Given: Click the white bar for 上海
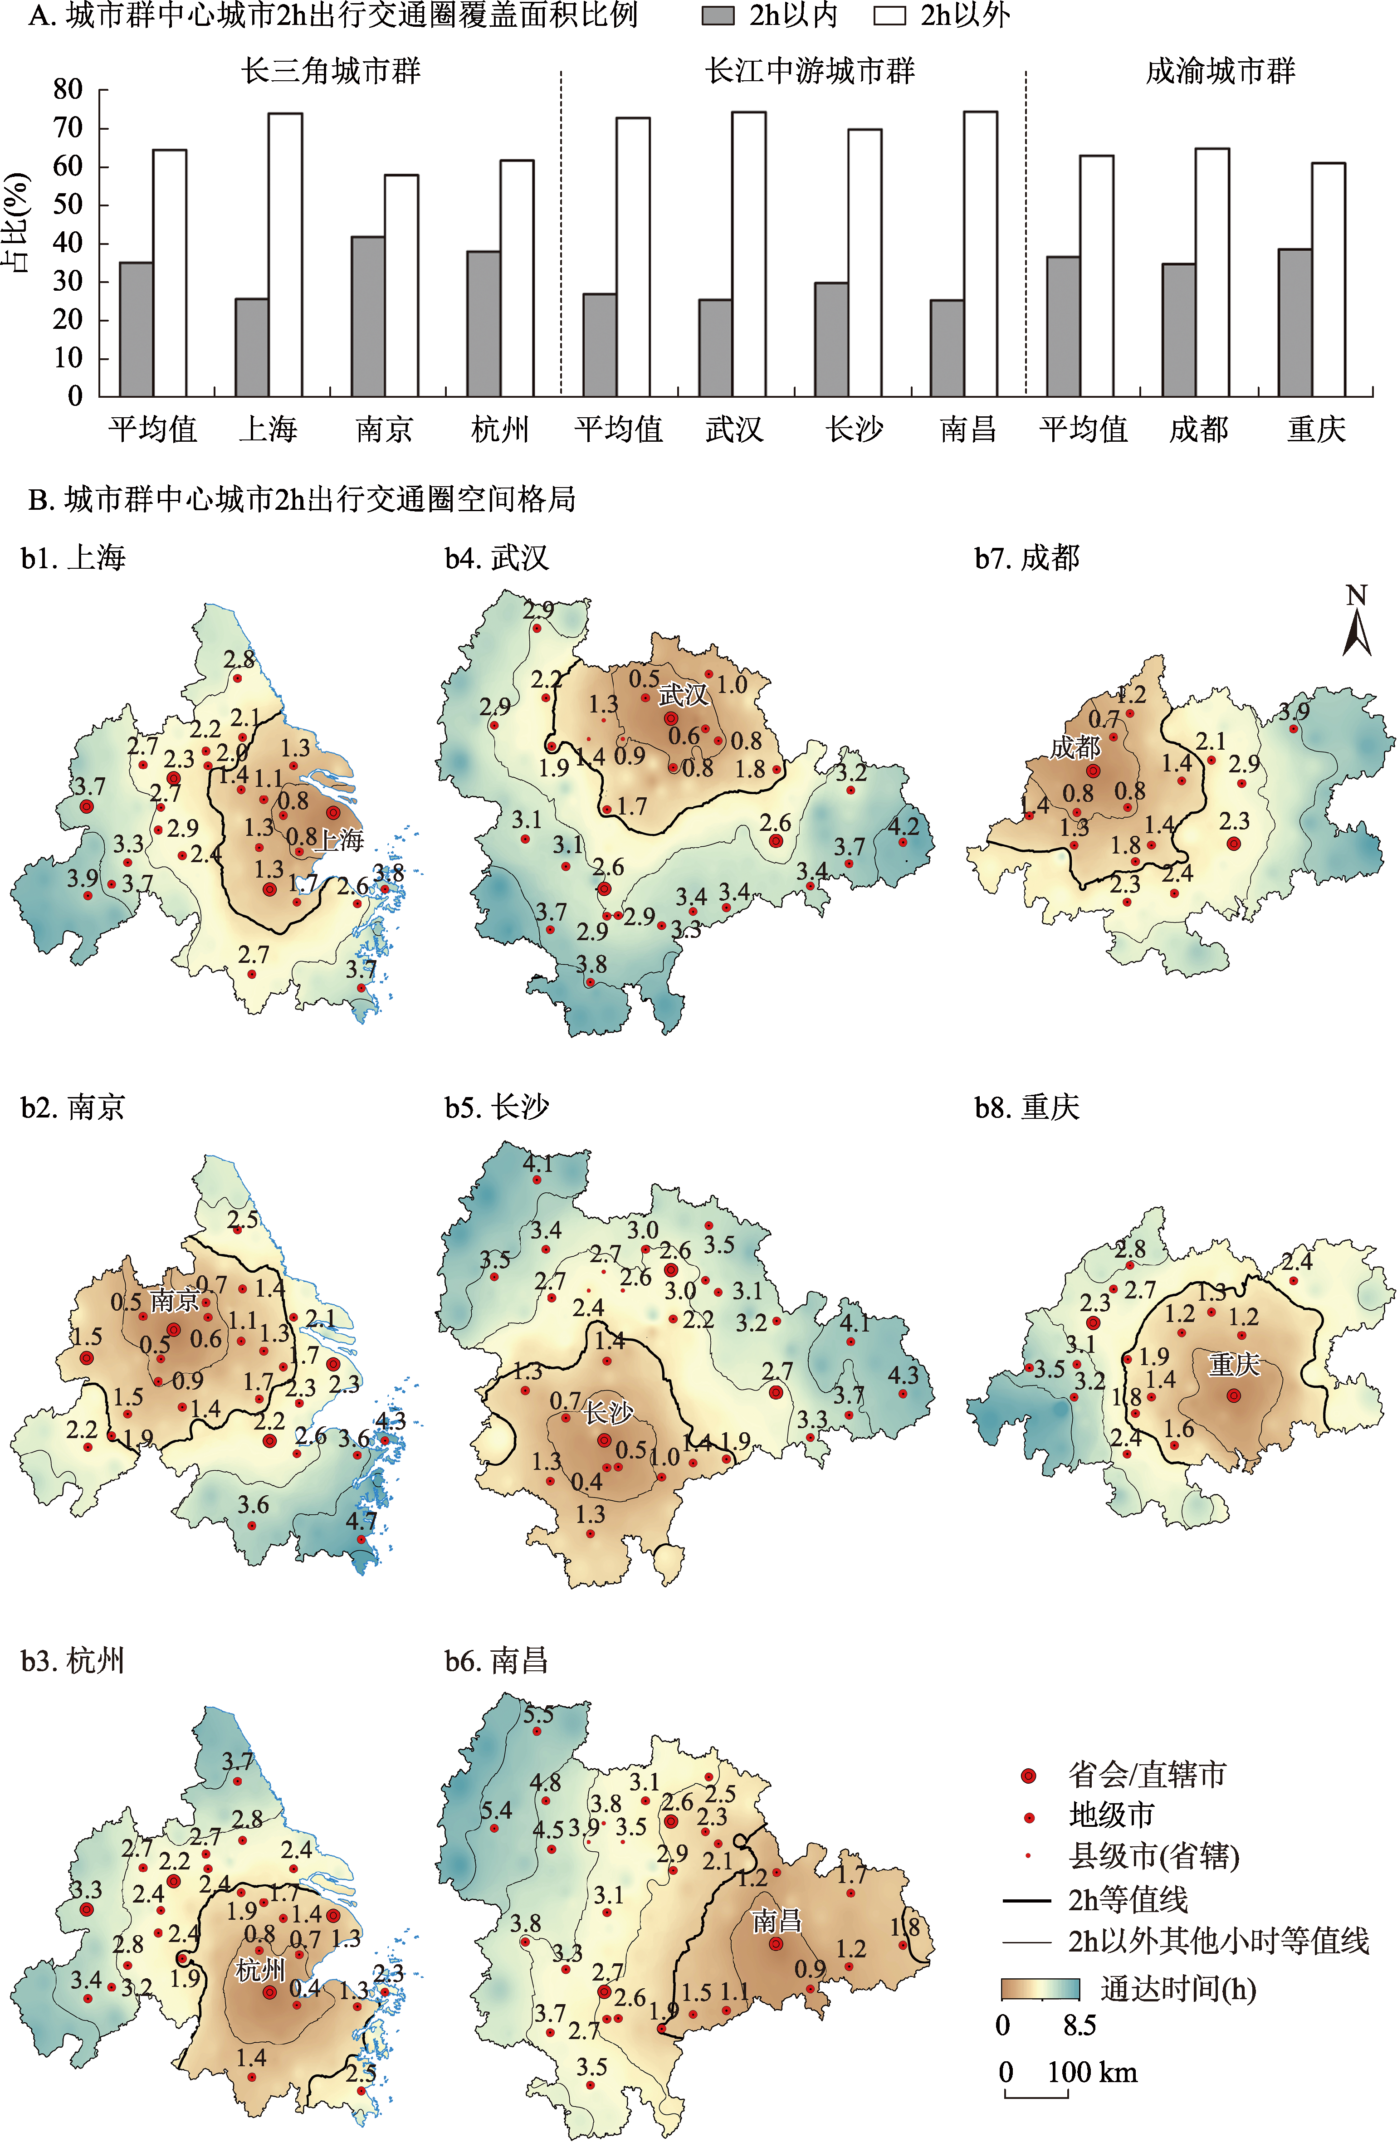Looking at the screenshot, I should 285,255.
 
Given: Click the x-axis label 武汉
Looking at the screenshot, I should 734,429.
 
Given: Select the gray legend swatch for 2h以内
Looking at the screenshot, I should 718,16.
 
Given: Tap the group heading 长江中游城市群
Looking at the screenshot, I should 810,71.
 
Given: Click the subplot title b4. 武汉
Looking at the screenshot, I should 496,558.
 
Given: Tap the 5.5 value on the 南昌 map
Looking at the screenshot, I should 538,1714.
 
